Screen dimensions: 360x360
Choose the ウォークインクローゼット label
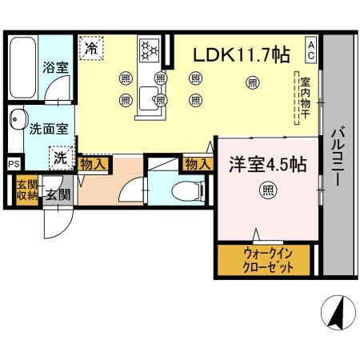coord(264,261)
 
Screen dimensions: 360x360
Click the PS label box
coord(13,164)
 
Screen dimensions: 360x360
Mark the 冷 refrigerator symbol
coord(93,47)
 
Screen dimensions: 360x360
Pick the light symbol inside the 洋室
coord(266,190)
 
